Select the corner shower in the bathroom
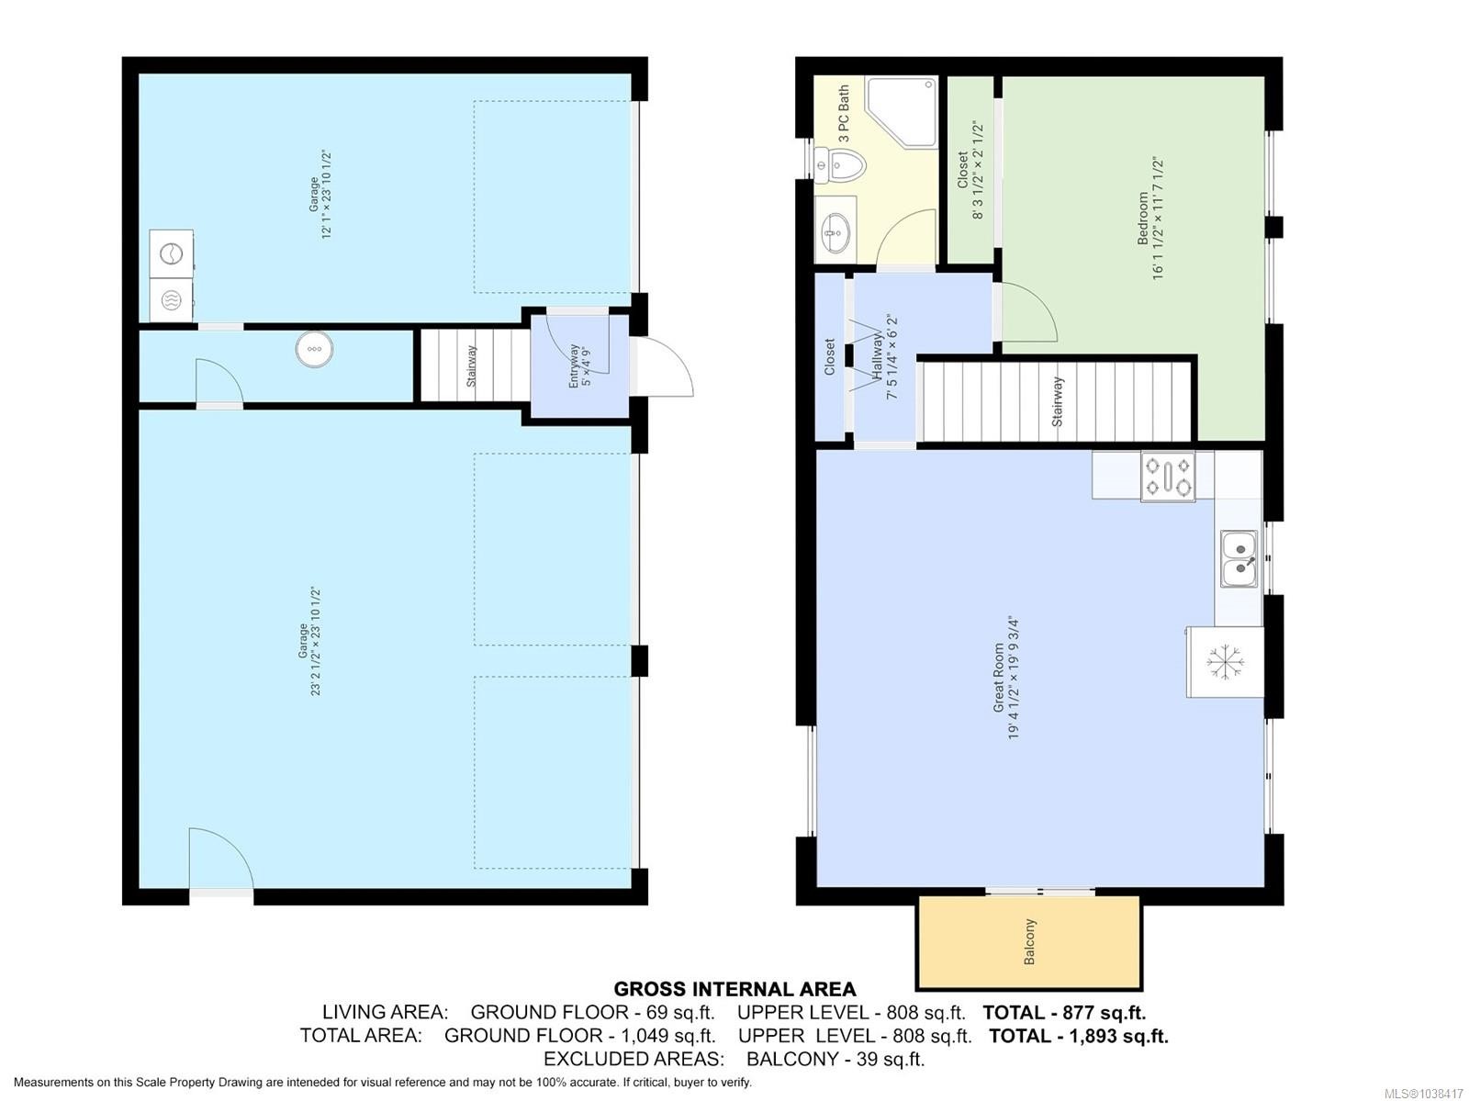pos(901,112)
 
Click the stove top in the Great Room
pos(1168,476)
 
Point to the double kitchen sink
pos(1239,558)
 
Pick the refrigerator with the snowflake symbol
pos(1225,662)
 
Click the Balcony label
pos(1029,941)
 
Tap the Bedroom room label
pos(1142,219)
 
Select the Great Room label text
pos(999,678)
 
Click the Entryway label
pos(574,366)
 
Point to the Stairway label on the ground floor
pos(471,366)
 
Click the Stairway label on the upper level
pos(1058,401)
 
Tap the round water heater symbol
pos(315,349)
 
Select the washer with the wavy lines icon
pos(171,300)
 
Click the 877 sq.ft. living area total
pos(1103,1012)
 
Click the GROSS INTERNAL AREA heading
pos(734,989)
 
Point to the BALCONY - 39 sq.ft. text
pos(835,1059)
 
